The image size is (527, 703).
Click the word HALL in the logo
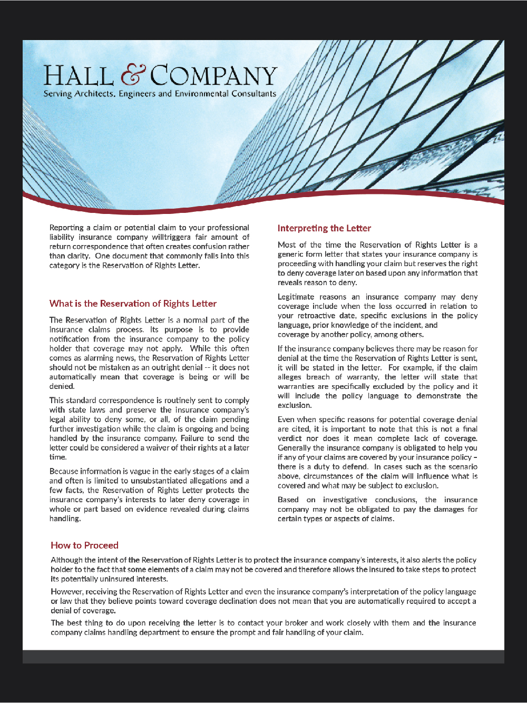[78, 76]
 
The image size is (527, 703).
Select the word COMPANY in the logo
[213, 76]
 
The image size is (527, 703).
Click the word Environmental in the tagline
[209, 94]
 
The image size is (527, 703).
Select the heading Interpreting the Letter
[324, 228]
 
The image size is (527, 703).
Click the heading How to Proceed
[84, 545]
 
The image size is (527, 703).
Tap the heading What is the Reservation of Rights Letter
[133, 304]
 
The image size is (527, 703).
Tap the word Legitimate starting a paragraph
[296, 297]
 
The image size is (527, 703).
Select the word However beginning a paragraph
[66, 592]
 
